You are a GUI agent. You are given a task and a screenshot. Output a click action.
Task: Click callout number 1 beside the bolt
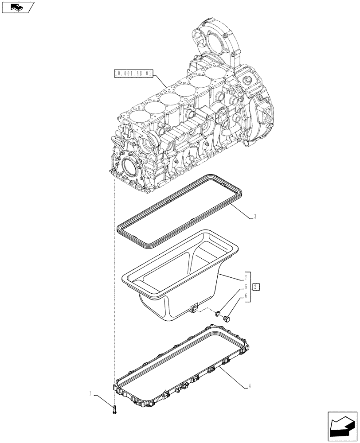(90, 393)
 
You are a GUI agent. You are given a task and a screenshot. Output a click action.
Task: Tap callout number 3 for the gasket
(255, 217)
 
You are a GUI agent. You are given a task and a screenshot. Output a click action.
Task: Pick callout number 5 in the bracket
(245, 287)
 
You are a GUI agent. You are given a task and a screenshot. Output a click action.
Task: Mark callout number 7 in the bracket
(245, 279)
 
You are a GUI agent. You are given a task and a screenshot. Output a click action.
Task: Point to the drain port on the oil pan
(193, 309)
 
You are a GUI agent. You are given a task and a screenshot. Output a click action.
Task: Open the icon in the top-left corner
(17, 7)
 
